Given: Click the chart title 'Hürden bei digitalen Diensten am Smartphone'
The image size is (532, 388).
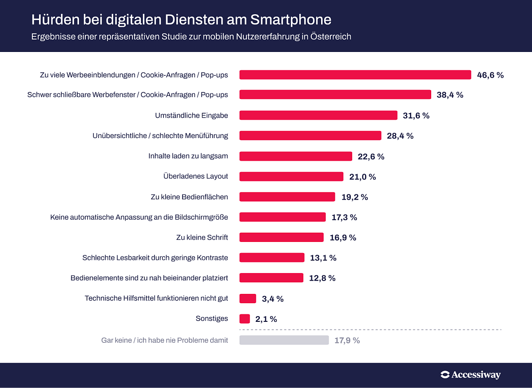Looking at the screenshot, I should point(181,20).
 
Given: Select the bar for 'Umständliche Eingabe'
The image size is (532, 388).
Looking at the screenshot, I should point(318,115).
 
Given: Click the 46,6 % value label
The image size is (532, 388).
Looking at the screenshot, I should point(490,75).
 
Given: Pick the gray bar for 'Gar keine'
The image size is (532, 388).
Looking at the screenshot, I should point(284,340).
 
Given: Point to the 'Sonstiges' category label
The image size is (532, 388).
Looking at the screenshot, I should point(212,319).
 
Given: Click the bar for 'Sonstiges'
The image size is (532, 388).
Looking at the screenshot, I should point(245,319).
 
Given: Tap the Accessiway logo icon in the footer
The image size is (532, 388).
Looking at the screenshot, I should point(445,375).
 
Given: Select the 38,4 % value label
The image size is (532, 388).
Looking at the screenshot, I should point(450,95).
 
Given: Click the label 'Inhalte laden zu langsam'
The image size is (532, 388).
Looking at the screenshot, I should point(188,156).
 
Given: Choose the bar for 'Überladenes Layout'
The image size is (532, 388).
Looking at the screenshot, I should point(291,177).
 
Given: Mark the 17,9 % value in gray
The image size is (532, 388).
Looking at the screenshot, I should point(347,340).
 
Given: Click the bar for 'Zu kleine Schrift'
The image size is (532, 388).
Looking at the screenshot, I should point(282,238).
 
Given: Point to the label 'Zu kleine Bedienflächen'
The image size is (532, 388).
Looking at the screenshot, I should point(190,197).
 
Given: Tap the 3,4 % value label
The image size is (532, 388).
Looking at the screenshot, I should point(273,299).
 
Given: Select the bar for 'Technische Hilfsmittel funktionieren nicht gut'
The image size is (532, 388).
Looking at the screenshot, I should point(248,299).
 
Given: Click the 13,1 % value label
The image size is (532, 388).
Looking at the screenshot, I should point(323,258).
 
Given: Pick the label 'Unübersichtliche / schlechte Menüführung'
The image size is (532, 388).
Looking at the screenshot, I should point(160,136).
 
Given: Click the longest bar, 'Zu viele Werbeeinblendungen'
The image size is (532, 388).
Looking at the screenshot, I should point(355,75).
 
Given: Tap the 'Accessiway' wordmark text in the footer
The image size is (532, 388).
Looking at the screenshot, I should point(476,375).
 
